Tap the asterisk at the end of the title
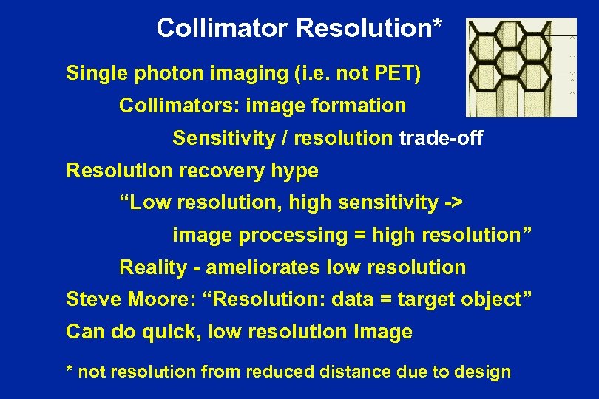tap(438, 24)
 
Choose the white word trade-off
tap(441, 138)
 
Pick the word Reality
tap(154, 267)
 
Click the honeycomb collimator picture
tap(521, 68)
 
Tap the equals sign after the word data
tap(385, 300)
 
